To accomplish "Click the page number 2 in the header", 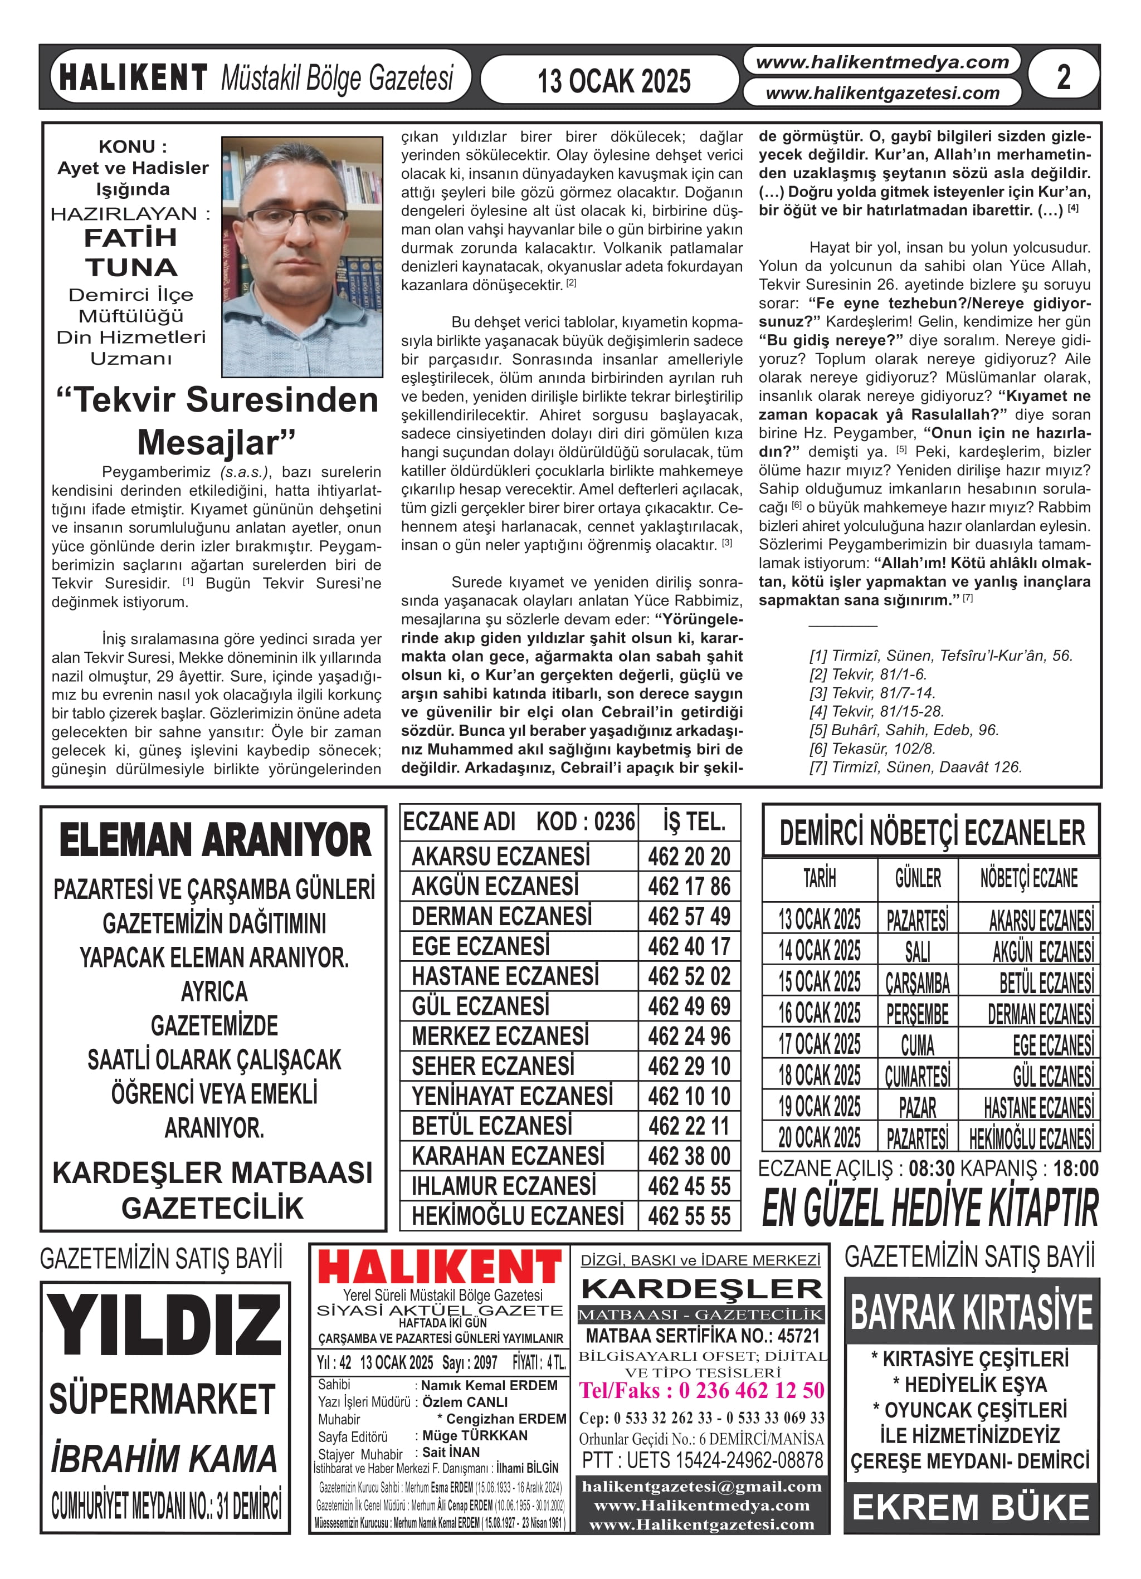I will click(1063, 77).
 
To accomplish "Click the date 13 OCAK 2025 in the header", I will click(614, 81).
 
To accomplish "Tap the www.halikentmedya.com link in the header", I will click(882, 62).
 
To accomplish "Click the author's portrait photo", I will click(301, 256).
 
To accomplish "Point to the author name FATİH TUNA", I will click(131, 252).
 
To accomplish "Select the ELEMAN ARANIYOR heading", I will click(214, 840).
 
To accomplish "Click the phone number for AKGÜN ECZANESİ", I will click(688, 886).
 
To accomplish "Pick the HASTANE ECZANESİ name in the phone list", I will click(505, 976).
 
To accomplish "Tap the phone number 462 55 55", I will click(688, 1215).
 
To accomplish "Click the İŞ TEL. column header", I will click(694, 822).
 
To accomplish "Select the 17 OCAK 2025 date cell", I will click(819, 1044).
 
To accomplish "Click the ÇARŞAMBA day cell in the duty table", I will click(918, 982).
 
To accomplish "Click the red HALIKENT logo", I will click(440, 1268).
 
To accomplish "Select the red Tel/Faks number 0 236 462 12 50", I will click(701, 1390).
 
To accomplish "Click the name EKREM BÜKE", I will click(971, 1507).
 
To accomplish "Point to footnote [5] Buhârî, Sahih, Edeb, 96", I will click(904, 730).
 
